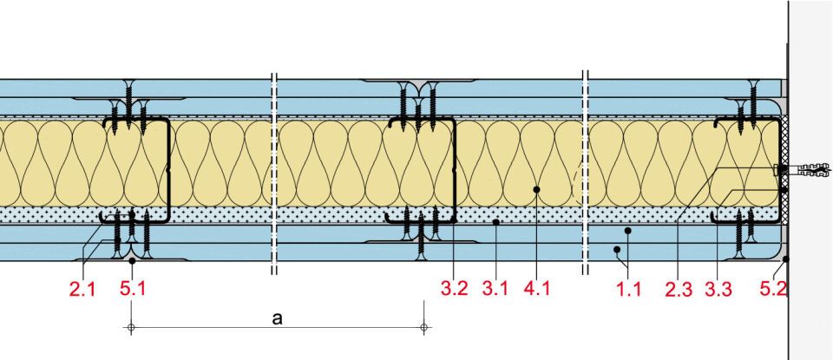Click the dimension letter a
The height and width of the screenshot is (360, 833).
277,318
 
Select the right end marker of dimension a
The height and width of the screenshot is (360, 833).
423,327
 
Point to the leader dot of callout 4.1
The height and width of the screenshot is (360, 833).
537,188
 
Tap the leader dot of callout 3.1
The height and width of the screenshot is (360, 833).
495,223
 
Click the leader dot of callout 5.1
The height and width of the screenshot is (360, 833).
131,259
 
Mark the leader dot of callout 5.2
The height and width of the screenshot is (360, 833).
785,258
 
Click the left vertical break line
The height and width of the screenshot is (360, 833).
274,173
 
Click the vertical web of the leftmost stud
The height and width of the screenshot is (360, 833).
167,169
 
